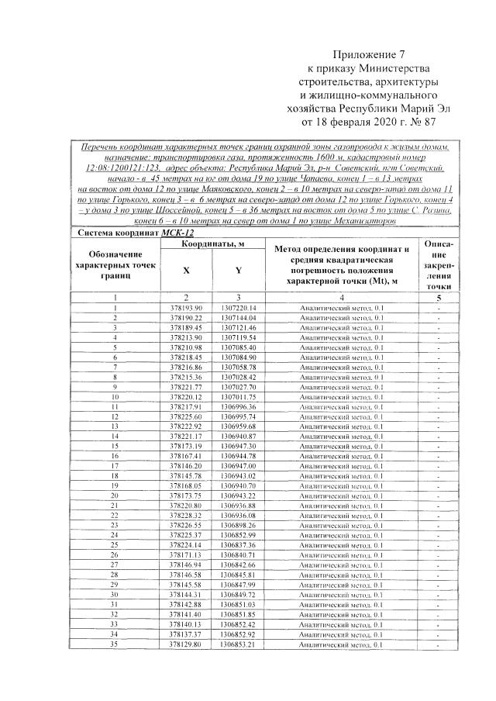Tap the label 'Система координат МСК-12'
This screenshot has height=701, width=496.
[119, 232]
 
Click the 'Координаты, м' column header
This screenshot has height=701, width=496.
[213, 243]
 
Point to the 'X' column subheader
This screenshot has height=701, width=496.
[186, 271]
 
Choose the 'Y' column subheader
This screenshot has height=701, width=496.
[238, 271]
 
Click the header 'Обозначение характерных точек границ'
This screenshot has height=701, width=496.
[114, 265]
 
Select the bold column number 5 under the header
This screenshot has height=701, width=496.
[438, 297]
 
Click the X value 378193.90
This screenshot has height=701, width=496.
[186, 308]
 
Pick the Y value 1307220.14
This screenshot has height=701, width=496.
[238, 308]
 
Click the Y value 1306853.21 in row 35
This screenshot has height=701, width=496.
[238, 644]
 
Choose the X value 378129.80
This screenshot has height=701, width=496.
[186, 644]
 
